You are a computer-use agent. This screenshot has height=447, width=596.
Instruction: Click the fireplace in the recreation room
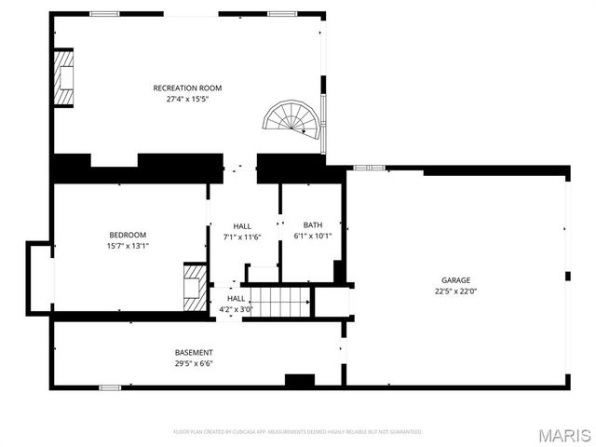64,77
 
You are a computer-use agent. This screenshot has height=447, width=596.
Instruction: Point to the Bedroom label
128,235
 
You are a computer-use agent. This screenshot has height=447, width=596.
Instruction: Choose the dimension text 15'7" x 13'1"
128,246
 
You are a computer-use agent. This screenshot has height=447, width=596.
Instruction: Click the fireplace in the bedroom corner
195,288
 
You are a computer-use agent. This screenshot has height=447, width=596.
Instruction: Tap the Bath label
313,225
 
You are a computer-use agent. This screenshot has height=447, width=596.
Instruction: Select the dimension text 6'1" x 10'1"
313,237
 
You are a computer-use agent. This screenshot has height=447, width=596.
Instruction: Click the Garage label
455,279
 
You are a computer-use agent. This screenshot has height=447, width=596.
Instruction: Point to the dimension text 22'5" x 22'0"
455,291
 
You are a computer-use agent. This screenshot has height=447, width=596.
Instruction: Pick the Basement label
194,352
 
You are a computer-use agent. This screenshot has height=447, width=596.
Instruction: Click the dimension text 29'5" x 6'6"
194,363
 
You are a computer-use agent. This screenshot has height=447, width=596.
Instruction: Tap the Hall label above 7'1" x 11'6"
242,226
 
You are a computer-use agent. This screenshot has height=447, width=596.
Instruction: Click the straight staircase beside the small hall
277,302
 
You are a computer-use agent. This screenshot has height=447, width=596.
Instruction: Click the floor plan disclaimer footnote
298,432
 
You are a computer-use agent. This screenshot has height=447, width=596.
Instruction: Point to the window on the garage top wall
370,168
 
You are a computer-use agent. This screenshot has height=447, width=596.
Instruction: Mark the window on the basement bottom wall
110,386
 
